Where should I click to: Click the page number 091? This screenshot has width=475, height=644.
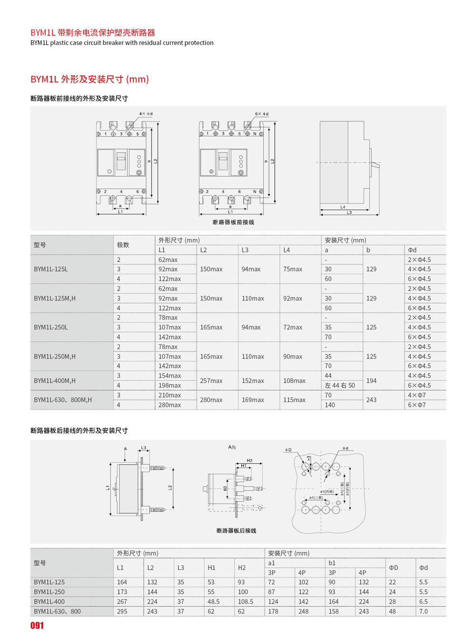[x=37, y=626]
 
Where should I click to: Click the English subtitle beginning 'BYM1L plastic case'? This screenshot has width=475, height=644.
[x=122, y=43]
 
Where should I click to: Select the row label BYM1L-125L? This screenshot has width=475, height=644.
[x=51, y=269]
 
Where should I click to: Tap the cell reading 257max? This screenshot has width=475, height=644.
[x=211, y=381]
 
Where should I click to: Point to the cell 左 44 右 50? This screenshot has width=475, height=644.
[x=340, y=386]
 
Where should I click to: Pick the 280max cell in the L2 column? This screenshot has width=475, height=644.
[x=211, y=400]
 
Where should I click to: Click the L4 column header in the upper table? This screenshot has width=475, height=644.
[x=287, y=250]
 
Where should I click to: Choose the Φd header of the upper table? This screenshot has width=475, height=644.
[x=412, y=250]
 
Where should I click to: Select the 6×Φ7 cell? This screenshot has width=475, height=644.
[x=417, y=405]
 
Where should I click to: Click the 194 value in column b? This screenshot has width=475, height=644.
[x=371, y=381]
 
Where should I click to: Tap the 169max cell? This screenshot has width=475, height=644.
[x=253, y=400]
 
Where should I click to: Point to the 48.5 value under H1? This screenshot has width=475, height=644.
[x=213, y=602]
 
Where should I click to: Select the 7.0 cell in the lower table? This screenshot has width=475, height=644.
[x=423, y=612]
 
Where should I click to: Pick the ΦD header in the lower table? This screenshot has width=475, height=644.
[x=393, y=568]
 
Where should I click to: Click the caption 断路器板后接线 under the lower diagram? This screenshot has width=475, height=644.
[x=236, y=531]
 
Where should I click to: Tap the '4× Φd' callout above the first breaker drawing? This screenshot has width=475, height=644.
[x=146, y=114]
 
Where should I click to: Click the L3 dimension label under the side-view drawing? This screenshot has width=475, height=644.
[x=349, y=212]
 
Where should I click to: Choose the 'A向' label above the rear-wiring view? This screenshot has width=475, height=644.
[x=232, y=447]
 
